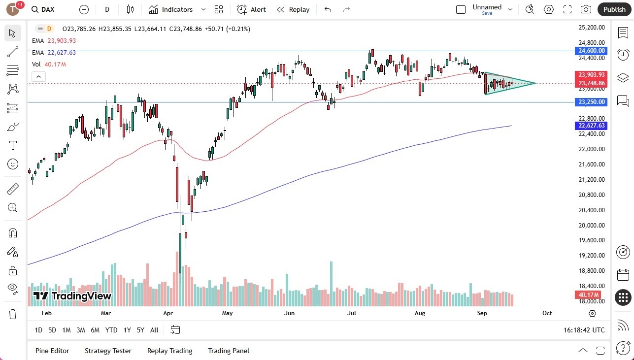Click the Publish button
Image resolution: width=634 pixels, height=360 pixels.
click(x=614, y=9)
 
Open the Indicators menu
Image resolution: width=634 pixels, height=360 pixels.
click(x=171, y=9)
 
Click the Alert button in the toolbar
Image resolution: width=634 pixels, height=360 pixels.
click(x=251, y=9)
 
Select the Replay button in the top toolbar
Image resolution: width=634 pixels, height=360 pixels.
click(x=293, y=9)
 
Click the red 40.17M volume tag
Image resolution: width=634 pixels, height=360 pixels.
click(x=588, y=295)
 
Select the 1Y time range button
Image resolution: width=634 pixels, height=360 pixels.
click(x=127, y=330)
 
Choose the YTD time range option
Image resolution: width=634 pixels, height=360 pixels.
click(x=111, y=330)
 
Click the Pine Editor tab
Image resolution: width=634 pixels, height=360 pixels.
click(x=52, y=351)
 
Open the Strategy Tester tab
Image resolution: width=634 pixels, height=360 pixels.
click(x=108, y=351)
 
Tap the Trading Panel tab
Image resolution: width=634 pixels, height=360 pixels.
click(x=229, y=351)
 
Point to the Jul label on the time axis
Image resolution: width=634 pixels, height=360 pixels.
click(x=352, y=313)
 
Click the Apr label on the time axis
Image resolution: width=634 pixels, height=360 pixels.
click(x=168, y=313)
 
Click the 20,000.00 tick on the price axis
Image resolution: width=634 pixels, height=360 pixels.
click(x=592, y=225)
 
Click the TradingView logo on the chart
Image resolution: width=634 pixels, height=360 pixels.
click(x=72, y=296)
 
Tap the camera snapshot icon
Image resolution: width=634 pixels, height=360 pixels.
click(x=586, y=9)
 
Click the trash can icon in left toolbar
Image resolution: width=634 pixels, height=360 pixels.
click(x=13, y=314)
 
